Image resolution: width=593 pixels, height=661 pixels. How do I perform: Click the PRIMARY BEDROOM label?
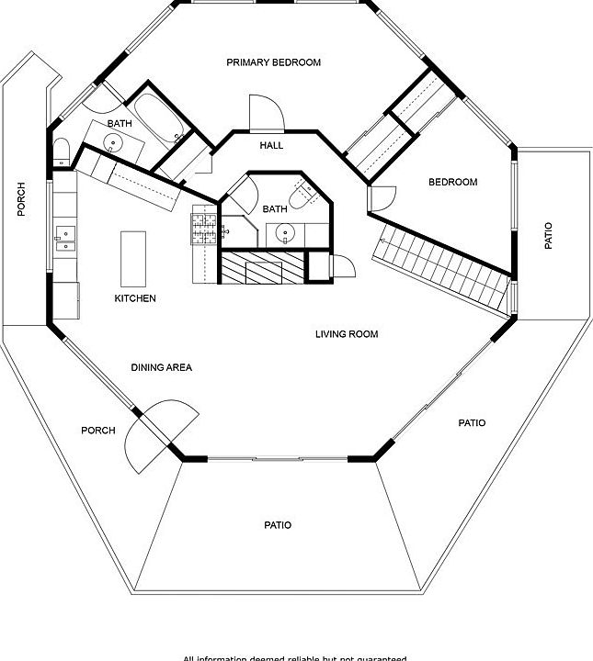[x=274, y=62]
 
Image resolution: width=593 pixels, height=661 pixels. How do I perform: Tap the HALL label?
[x=271, y=145]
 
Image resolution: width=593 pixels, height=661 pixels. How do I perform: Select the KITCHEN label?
[x=135, y=298]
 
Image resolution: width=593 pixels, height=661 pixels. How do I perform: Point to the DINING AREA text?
[x=161, y=367]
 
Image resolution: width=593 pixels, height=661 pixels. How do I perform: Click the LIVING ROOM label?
[x=347, y=334]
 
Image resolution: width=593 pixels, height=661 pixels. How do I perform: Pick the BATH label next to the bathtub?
[x=120, y=123]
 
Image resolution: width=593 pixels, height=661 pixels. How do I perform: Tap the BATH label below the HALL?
[x=275, y=209]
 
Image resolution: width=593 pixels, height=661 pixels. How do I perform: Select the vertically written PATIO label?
[x=549, y=235]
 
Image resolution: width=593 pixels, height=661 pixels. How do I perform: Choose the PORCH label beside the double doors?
[x=98, y=431]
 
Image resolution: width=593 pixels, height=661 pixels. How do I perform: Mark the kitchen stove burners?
[x=203, y=228]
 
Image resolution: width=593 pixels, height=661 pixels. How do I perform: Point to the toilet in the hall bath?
[x=302, y=195]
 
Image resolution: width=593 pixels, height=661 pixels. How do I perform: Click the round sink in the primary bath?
[x=113, y=142]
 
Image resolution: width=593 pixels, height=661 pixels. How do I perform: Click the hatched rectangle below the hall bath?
[x=261, y=267]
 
